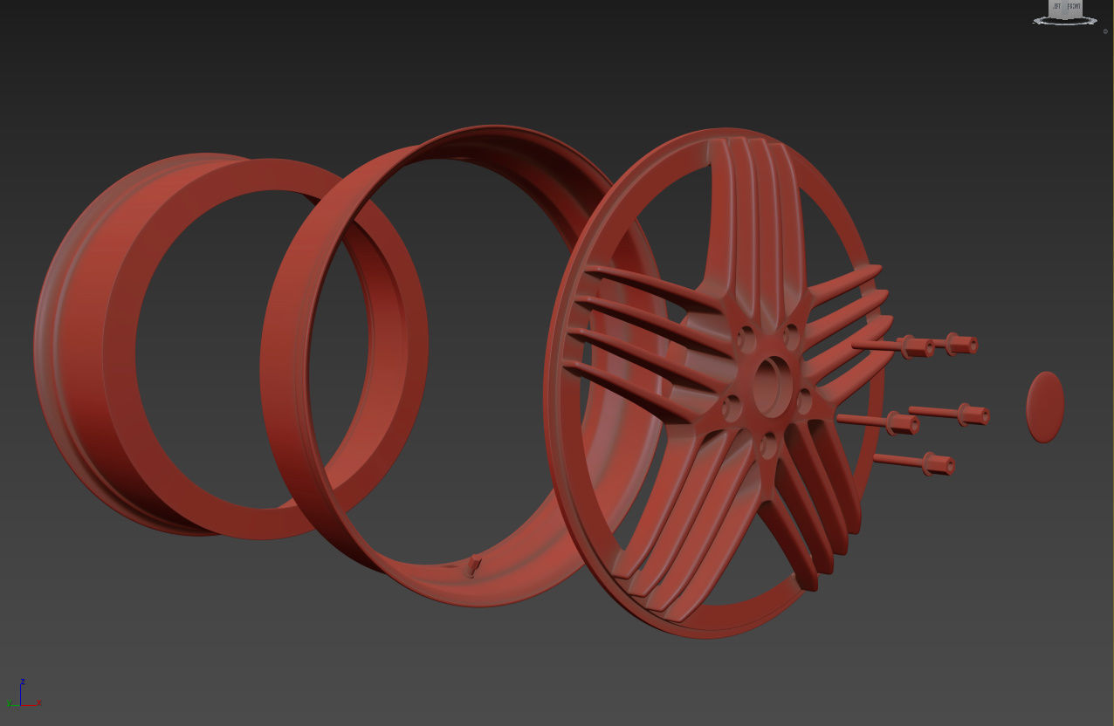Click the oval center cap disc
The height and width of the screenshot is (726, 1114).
(1045, 407)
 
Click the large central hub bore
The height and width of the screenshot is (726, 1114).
(771, 384)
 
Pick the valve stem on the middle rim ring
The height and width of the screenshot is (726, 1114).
(474, 566)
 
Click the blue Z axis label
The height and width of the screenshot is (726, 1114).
(23, 681)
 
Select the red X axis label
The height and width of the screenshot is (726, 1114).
(40, 702)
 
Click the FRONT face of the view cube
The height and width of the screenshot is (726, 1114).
(1074, 7)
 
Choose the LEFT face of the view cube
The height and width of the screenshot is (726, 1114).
(1056, 7)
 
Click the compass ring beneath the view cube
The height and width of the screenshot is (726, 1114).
(1065, 21)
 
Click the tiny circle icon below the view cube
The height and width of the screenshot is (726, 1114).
(1105, 31)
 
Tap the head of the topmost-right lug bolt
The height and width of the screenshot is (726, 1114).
(961, 344)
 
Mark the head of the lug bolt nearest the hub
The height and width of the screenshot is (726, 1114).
(903, 424)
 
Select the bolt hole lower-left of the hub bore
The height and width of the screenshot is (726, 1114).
(732, 404)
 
